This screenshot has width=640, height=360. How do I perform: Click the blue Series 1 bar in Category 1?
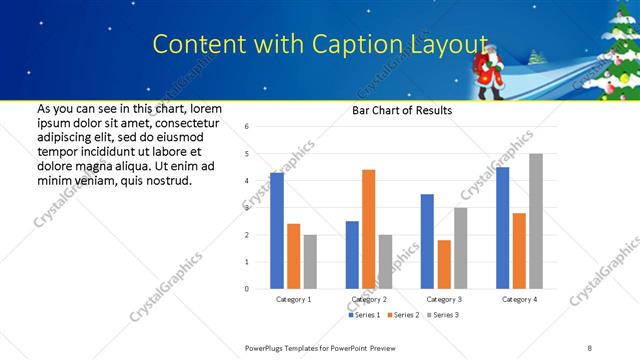pyautogui.click(x=277, y=231)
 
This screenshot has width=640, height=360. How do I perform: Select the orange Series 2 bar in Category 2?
pyautogui.click(x=368, y=229)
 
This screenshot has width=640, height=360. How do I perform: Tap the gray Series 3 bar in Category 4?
pyautogui.click(x=536, y=221)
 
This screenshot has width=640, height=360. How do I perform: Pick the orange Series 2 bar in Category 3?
pyautogui.click(x=444, y=264)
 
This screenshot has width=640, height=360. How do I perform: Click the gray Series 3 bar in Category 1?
pyautogui.click(x=310, y=262)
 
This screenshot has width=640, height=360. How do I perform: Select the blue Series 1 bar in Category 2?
pyautogui.click(x=352, y=255)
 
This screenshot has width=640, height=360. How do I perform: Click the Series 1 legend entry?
pyautogui.click(x=364, y=315)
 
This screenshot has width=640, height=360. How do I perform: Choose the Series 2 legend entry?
pyautogui.click(x=404, y=315)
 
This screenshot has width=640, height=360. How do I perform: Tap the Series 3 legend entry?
pyautogui.click(x=444, y=315)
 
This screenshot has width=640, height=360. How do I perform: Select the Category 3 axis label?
pyautogui.click(x=444, y=299)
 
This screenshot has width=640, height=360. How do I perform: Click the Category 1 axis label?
pyautogui.click(x=293, y=299)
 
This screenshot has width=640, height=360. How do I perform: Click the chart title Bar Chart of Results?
pyautogui.click(x=401, y=110)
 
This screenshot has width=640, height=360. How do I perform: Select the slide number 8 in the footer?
pyautogui.click(x=590, y=347)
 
